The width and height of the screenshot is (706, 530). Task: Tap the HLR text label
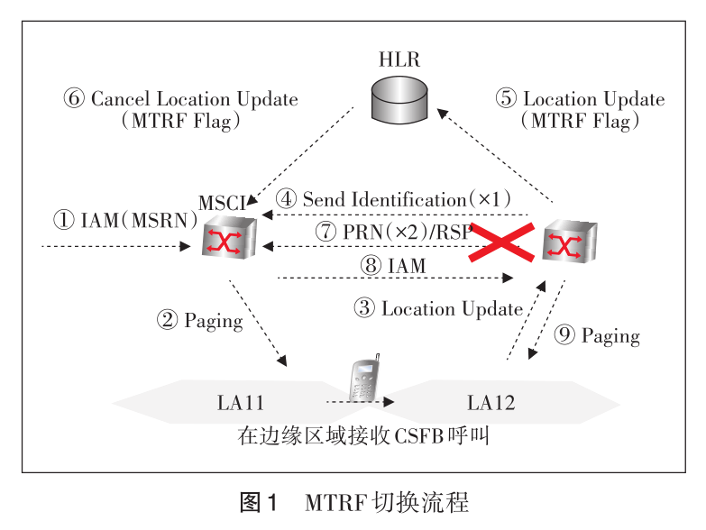point(399,60)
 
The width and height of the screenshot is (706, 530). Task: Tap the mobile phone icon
point(362,383)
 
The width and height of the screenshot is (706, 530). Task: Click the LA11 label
point(241,403)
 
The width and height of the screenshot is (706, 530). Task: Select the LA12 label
point(491,403)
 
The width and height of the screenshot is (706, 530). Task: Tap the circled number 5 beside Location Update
point(507,99)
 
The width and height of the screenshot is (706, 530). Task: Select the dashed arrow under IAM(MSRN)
point(121,244)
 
